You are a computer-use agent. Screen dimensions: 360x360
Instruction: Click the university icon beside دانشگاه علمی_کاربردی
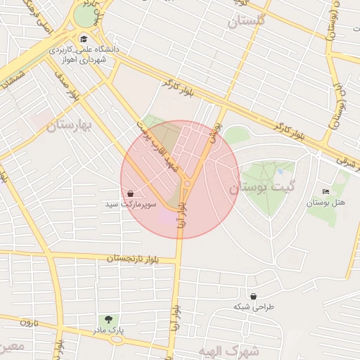tap(84, 39)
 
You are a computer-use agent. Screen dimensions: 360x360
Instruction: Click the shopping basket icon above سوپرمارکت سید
tap(131, 193)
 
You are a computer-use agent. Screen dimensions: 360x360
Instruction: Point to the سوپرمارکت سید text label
tap(131, 205)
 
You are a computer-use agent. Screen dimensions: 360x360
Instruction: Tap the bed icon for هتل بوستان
tap(325, 192)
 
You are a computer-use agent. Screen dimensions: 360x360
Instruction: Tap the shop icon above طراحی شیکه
tap(253, 296)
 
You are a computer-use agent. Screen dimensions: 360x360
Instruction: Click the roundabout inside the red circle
tap(188, 185)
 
